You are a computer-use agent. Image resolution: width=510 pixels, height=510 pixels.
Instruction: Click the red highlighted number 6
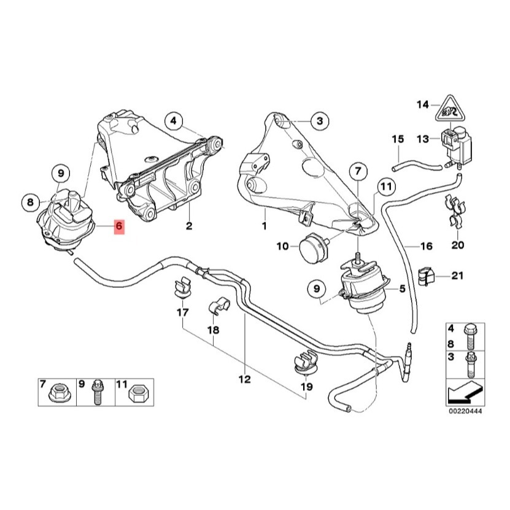[x=119, y=227]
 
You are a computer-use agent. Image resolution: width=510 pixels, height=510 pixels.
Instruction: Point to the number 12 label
[x=244, y=379]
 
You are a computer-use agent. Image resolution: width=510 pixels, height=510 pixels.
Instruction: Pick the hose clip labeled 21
[x=425, y=276]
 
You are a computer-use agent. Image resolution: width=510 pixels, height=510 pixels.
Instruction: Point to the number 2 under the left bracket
[x=189, y=227]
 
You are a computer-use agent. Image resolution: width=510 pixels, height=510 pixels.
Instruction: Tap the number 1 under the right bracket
[x=265, y=226]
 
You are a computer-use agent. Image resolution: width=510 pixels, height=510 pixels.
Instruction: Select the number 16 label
[x=427, y=246]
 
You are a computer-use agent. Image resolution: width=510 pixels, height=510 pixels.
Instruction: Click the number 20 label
[x=458, y=245]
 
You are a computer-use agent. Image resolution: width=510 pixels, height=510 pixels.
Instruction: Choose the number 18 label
[x=213, y=330]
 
